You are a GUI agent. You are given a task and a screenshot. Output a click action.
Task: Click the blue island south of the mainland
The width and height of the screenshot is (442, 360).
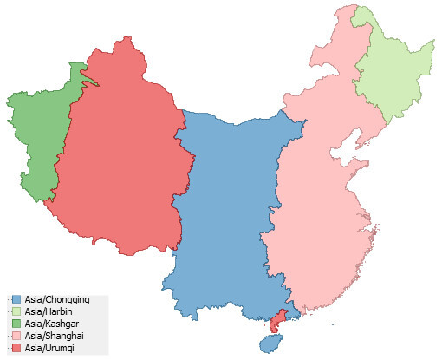(x=270, y=343)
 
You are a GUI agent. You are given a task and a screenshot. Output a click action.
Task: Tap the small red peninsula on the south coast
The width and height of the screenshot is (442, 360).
(x=277, y=322)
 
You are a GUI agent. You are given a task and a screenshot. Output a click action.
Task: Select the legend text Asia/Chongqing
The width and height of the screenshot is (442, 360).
(x=57, y=300)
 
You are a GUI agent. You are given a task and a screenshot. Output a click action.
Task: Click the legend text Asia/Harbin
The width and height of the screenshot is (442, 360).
(x=50, y=312)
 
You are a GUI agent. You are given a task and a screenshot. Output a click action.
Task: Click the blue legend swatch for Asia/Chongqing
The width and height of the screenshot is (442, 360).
(x=16, y=300)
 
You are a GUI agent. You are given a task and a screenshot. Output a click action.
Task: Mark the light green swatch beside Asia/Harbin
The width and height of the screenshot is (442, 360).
(x=16, y=312)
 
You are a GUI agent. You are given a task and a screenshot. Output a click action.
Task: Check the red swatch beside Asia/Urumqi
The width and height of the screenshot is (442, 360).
(x=16, y=349)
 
